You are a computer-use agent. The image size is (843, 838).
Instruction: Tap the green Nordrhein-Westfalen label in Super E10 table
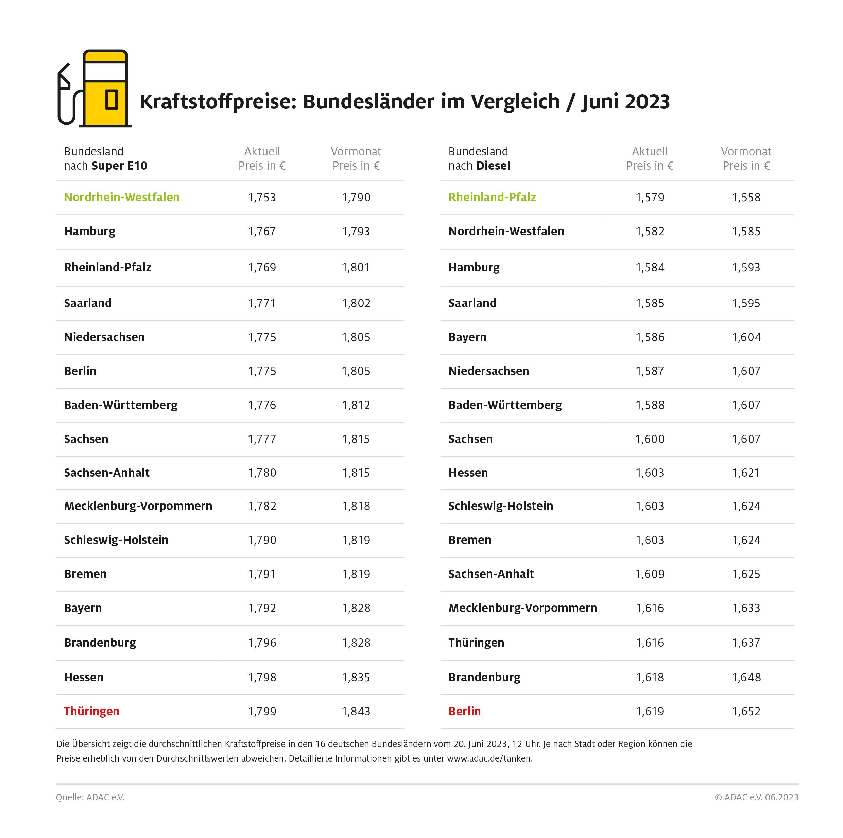(x=122, y=197)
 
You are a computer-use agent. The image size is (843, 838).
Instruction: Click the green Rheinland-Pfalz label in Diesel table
(x=492, y=197)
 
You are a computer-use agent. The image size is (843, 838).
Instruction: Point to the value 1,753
(x=262, y=197)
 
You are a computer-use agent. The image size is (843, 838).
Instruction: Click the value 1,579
(x=650, y=197)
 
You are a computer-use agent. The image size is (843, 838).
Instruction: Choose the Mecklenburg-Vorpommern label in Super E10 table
(x=138, y=506)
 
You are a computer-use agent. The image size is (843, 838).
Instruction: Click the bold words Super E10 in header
(x=120, y=166)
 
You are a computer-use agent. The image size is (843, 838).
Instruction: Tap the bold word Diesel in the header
(x=494, y=166)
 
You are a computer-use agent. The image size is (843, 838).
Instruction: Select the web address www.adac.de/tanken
(x=489, y=758)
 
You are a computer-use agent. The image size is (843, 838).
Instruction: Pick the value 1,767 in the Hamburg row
(x=262, y=231)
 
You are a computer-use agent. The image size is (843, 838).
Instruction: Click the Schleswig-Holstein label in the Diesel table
(x=500, y=506)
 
